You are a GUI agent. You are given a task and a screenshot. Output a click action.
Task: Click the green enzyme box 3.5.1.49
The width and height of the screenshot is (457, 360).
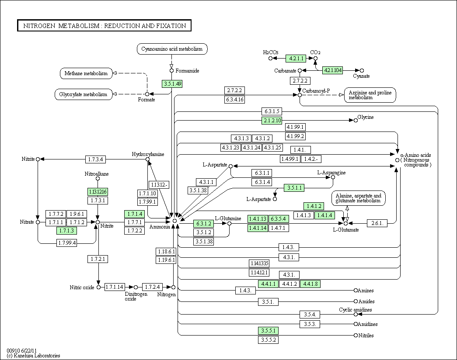(172, 83)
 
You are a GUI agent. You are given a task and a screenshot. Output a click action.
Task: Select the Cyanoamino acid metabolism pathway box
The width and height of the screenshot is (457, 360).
(172, 49)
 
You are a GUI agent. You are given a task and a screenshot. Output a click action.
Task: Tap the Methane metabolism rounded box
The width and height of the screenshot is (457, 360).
(86, 73)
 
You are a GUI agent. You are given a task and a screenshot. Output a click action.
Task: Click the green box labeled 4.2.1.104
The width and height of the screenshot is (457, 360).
(333, 70)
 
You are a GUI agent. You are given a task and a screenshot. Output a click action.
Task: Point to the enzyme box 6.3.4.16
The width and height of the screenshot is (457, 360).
(234, 100)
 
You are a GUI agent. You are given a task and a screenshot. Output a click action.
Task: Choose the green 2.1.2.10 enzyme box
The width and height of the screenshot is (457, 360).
(272, 120)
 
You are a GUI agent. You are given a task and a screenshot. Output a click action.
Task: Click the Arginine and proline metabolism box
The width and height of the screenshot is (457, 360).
(370, 95)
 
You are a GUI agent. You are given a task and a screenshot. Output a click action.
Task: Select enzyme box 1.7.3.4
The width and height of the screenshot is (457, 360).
(95, 159)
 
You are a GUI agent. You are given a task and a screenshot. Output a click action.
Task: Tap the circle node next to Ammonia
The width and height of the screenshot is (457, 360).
(174, 221)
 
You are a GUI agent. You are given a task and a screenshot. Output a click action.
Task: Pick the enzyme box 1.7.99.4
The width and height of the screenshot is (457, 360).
(66, 242)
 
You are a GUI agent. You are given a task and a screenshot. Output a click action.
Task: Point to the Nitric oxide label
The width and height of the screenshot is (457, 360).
(82, 287)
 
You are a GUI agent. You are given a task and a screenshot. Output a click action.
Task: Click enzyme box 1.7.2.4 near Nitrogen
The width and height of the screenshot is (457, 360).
(153, 287)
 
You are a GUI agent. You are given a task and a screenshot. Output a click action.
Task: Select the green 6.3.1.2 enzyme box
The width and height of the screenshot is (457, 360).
(203, 223)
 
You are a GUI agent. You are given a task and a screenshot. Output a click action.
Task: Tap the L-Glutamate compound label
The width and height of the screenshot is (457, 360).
(346, 230)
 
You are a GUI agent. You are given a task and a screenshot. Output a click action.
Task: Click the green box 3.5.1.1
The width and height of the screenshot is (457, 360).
(294, 188)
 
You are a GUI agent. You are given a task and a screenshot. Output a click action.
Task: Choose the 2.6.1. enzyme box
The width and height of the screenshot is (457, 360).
(377, 223)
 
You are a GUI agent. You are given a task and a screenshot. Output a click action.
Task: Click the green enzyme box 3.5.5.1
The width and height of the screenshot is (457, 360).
(268, 330)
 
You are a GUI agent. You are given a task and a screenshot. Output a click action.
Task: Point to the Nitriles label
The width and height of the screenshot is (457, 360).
(366, 336)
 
